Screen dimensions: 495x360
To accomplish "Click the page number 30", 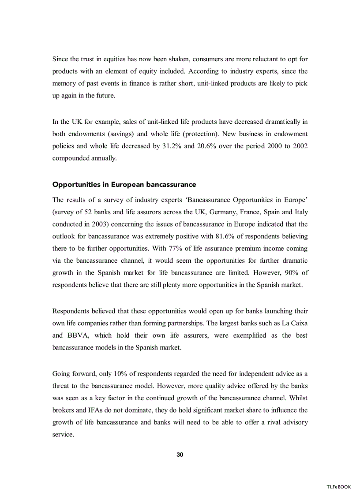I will click(x=180, y=454).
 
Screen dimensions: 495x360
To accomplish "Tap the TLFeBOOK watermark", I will click(x=339, y=487).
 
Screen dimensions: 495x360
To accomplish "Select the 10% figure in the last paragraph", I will click(x=120, y=374).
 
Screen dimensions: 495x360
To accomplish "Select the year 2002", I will click(x=300, y=145).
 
